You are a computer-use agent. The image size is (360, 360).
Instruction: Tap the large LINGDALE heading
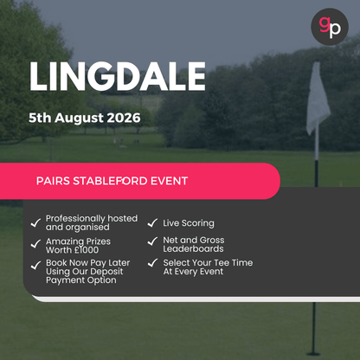119,77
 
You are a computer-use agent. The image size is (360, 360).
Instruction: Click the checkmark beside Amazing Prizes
35,244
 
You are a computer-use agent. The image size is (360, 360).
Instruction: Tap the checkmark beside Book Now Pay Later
35,264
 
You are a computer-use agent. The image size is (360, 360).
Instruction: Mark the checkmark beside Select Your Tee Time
151,264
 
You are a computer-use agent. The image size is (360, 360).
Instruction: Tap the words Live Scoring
188,223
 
